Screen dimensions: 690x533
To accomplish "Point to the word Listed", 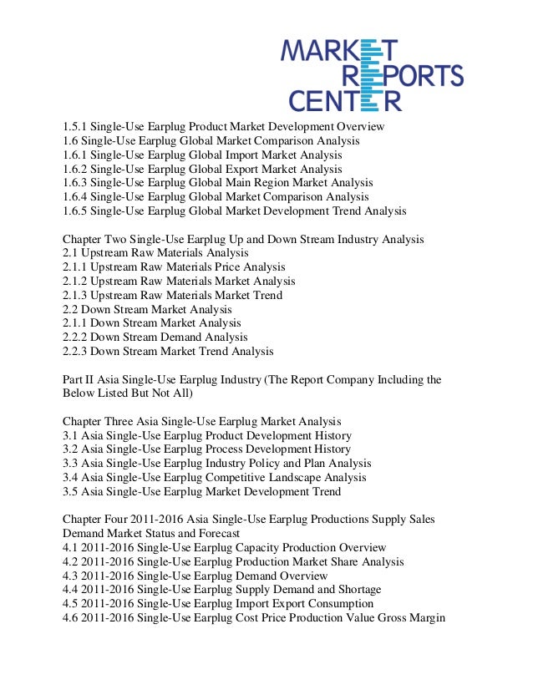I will tap(120, 393).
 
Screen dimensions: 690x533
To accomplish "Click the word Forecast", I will tap(217, 534).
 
